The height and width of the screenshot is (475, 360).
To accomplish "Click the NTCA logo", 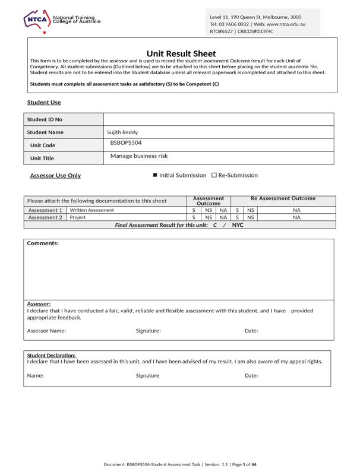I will coord(37,20).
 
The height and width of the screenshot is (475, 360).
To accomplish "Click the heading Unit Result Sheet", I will coord(181,53).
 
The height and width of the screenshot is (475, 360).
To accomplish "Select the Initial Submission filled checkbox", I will coord(155,175).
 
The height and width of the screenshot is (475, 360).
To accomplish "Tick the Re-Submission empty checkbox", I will coord(214,175).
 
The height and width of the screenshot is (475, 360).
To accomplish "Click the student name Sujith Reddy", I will coord(122,132).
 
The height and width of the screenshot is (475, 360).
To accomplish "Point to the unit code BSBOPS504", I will coord(126,143).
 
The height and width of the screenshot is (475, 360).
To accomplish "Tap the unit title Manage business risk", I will coord(139,156).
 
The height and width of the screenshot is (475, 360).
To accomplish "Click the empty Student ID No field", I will coord(219,119).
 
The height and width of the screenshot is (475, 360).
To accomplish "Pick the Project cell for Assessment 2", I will coord(78,217).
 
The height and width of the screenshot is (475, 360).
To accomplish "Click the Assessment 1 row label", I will coord(45,210).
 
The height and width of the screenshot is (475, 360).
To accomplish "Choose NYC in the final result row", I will coord(238,225).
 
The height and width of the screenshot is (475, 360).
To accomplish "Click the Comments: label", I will coord(43,243).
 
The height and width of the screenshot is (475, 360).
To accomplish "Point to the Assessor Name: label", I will coord(46,331).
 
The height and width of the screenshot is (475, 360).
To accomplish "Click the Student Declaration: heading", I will coord(51,355).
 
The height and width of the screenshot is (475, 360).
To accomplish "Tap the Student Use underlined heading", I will coord(44,103).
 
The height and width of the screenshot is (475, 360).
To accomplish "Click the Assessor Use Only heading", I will coord(55,176).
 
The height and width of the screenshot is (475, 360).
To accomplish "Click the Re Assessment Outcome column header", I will coord(283,198).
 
